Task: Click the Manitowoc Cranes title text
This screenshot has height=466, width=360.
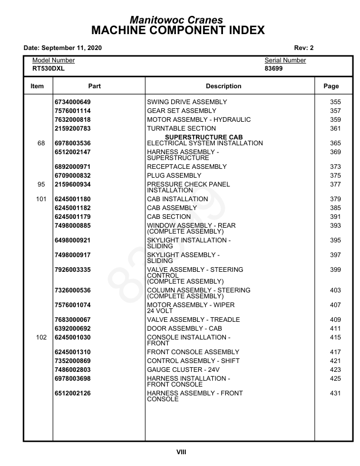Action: pos(180,20)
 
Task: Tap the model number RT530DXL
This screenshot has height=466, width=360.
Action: pos(48,68)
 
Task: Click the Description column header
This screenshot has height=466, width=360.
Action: pos(224,86)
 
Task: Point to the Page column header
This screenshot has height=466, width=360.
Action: pos(331,86)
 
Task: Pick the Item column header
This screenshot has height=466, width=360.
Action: pos(37,86)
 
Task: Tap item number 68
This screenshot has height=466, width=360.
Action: pos(41,144)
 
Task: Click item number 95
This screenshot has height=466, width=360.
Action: pos(41,185)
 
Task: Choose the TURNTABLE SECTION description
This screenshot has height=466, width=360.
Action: pos(181,129)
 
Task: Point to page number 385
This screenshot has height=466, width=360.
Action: pos(335,208)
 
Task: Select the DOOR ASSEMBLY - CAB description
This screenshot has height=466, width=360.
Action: pos(184,329)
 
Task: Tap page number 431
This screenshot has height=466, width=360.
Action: pos(335,394)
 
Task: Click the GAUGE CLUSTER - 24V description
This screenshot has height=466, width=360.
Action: pos(183,370)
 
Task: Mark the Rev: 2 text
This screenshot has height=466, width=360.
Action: pos(304,48)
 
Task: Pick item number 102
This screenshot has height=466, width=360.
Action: pos(41,338)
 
